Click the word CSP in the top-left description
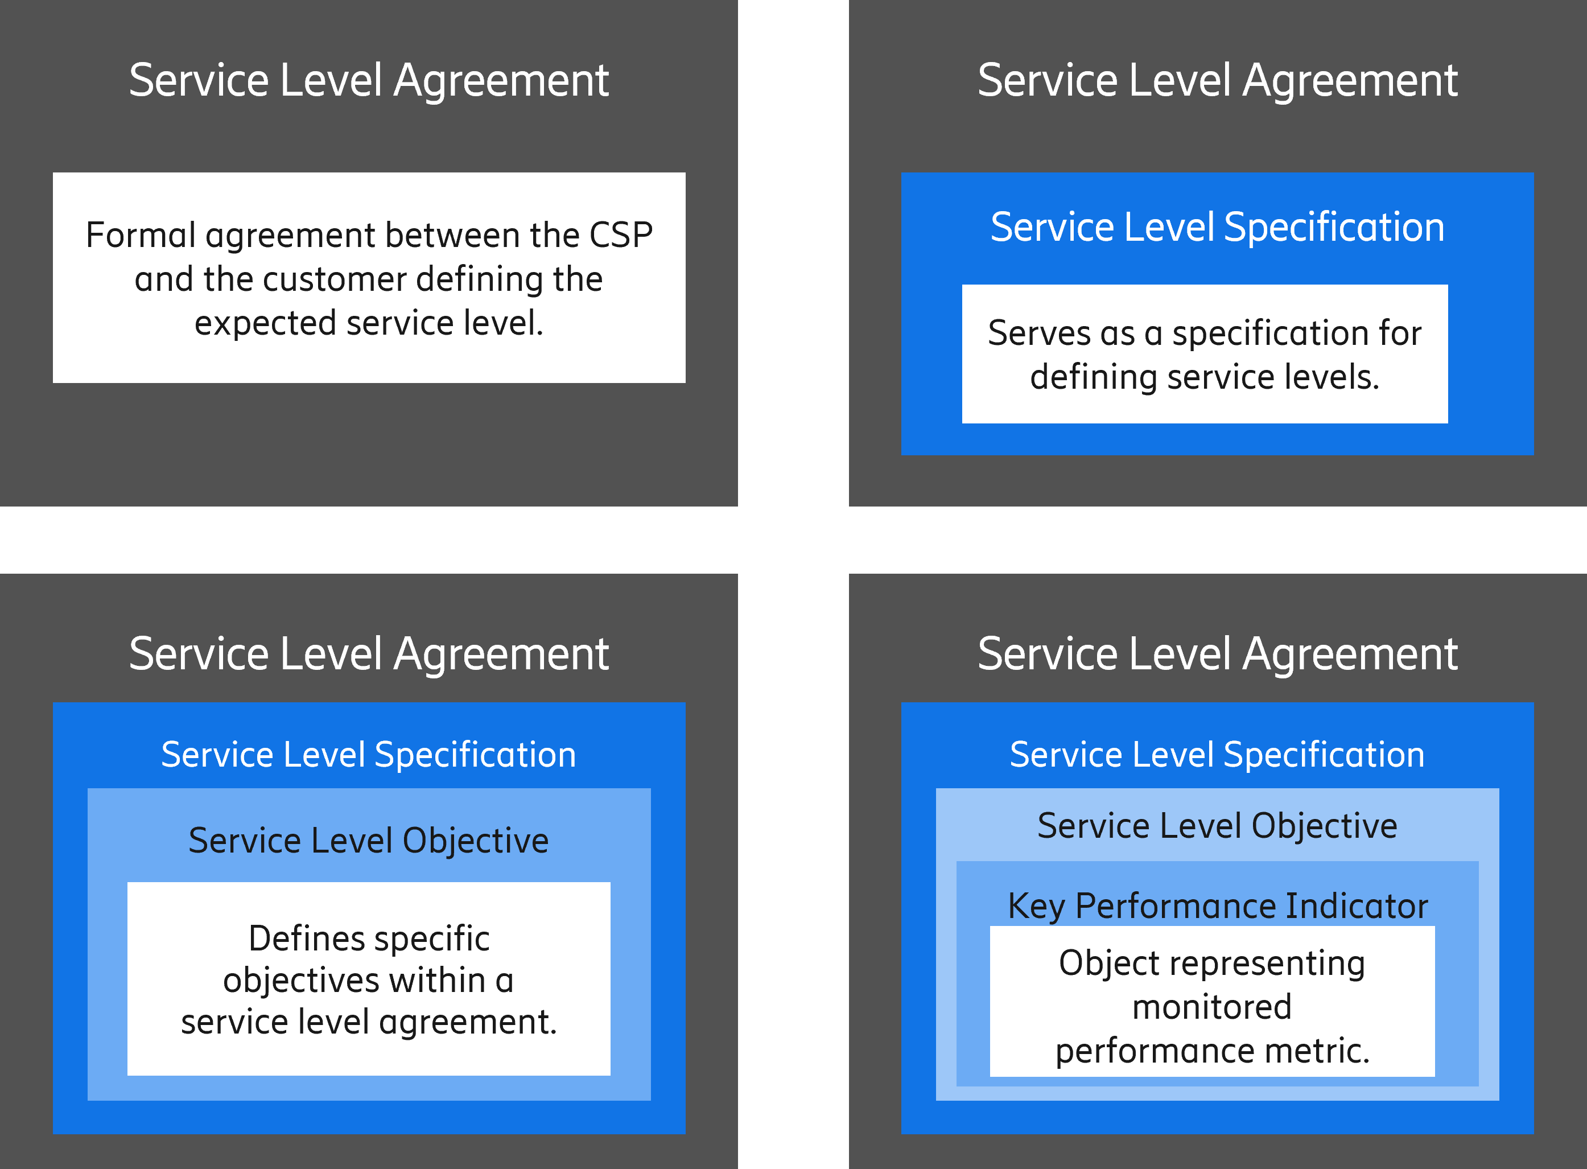[620, 235]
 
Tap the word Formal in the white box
[140, 235]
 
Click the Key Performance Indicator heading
[1218, 905]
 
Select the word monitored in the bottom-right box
[1211, 1007]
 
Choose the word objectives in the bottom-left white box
[300, 981]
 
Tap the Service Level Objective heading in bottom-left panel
[369, 841]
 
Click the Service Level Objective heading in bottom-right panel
[1217, 826]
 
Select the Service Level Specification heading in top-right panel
[1217, 227]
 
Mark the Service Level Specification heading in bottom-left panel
[369, 754]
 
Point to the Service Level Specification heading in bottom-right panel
[1217, 754]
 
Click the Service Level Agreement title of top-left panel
[369, 80]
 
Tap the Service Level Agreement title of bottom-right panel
[1217, 653]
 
